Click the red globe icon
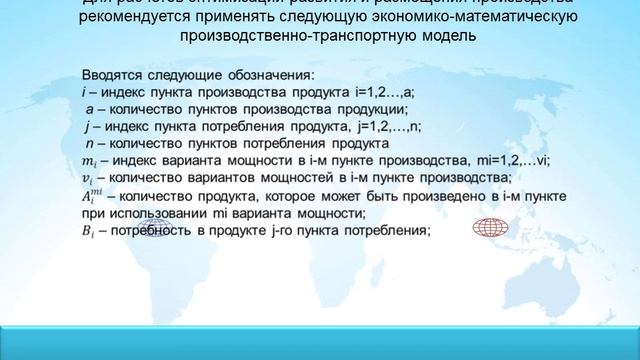click(490, 228)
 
